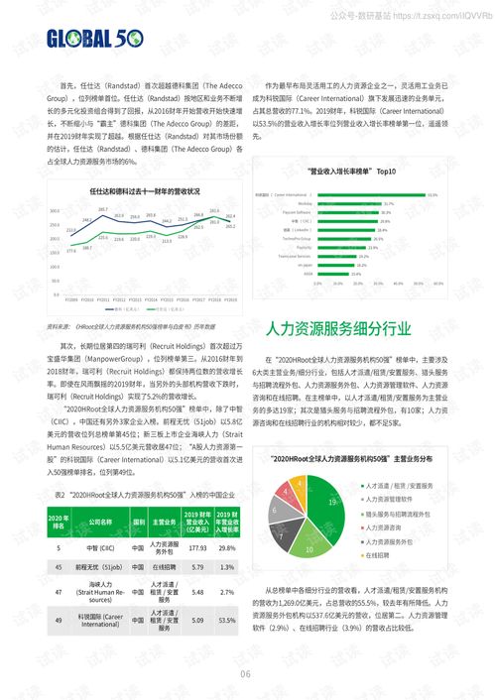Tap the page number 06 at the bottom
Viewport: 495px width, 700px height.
[x=246, y=676]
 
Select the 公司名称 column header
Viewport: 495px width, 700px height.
[x=101, y=522]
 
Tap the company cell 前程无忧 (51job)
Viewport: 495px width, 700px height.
[x=101, y=568]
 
